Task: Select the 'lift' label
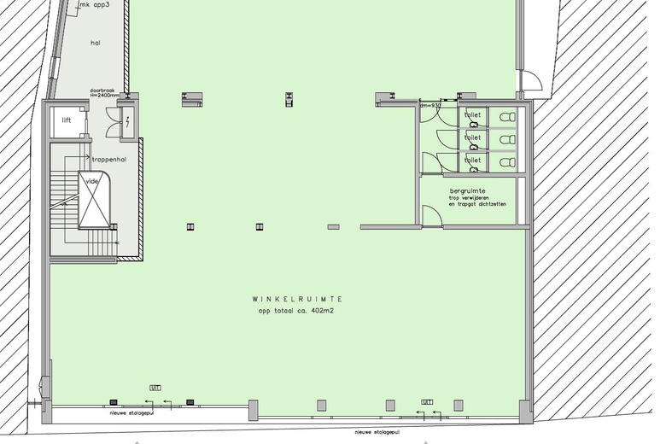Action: (x=67, y=120)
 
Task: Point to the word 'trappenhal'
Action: (x=109, y=159)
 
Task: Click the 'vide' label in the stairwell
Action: (x=92, y=182)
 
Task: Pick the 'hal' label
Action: (x=96, y=41)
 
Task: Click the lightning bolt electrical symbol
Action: (x=127, y=122)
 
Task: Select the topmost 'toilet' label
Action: (x=472, y=114)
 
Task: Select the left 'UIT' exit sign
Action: (x=155, y=388)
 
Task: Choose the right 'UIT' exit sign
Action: (x=427, y=401)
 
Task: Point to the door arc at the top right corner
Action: (x=533, y=80)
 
